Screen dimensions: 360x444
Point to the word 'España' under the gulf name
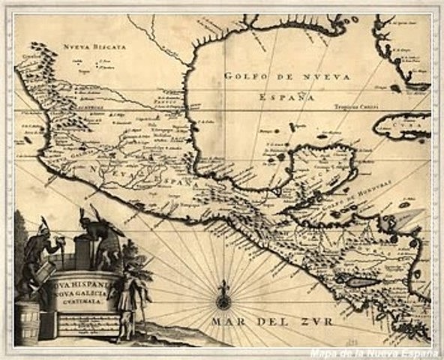pyautogui.click(x=284, y=96)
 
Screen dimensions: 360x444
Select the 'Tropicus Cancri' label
pyautogui.click(x=355, y=106)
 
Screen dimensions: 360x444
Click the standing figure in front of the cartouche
pyautogui.click(x=125, y=300)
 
